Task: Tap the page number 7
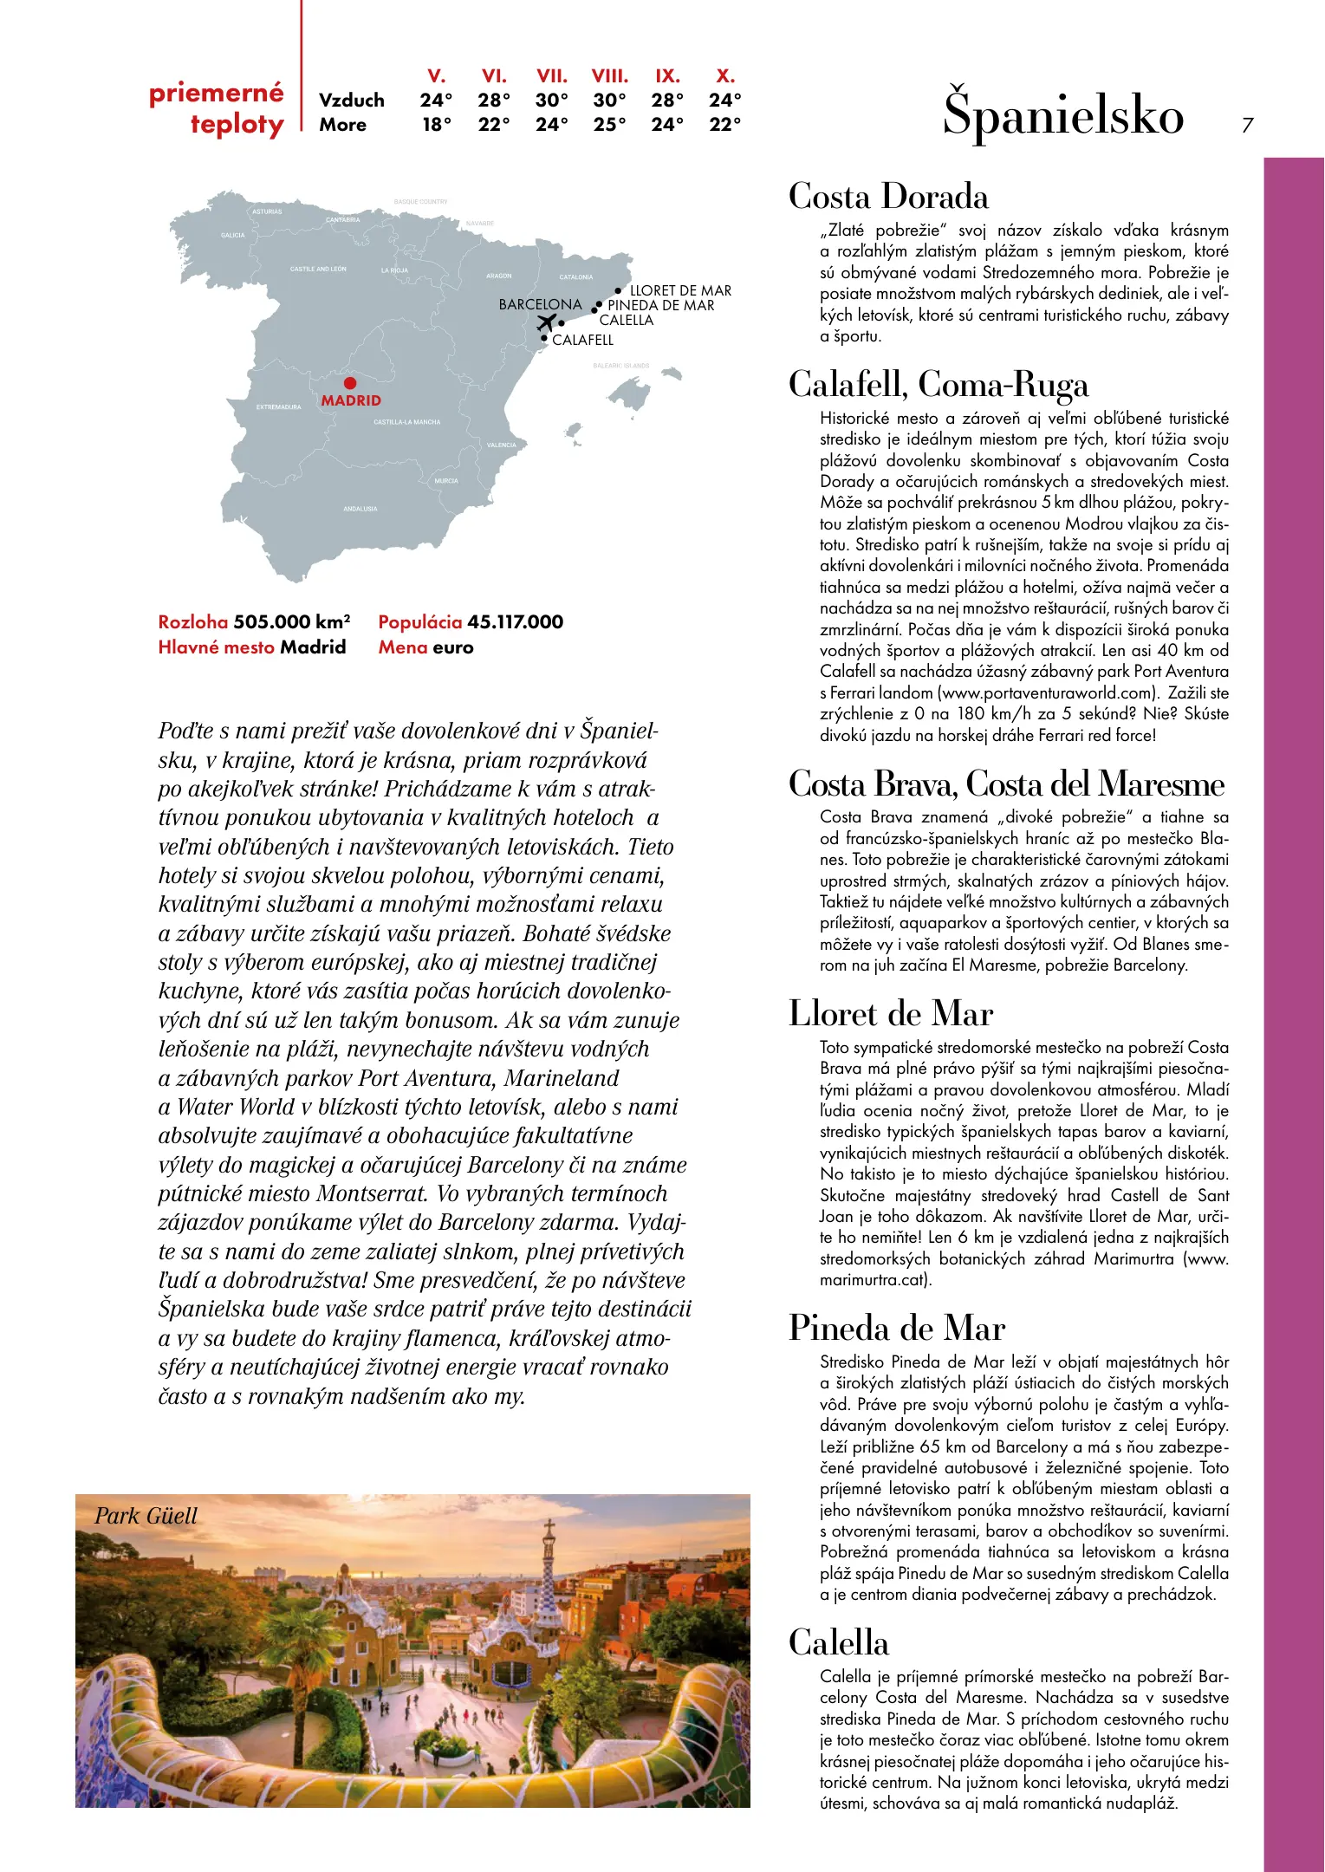[x=1247, y=126]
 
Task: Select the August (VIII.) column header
[x=609, y=76]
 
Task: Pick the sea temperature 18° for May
[x=437, y=125]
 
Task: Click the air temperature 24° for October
[x=724, y=101]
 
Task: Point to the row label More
[x=342, y=125]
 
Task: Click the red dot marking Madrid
[x=349, y=383]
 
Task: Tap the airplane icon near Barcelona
[x=546, y=323]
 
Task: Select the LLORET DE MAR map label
[x=680, y=290]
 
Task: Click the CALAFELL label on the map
[x=582, y=340]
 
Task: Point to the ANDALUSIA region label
[x=360, y=509]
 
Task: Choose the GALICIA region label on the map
[x=232, y=235]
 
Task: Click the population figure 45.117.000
[x=515, y=621]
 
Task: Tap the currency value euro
[x=452, y=647]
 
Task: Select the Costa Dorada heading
[x=888, y=197]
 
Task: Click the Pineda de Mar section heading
[x=896, y=1329]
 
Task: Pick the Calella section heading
[x=838, y=1643]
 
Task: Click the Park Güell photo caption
[x=146, y=1516]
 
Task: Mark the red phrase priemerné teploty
[x=218, y=108]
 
